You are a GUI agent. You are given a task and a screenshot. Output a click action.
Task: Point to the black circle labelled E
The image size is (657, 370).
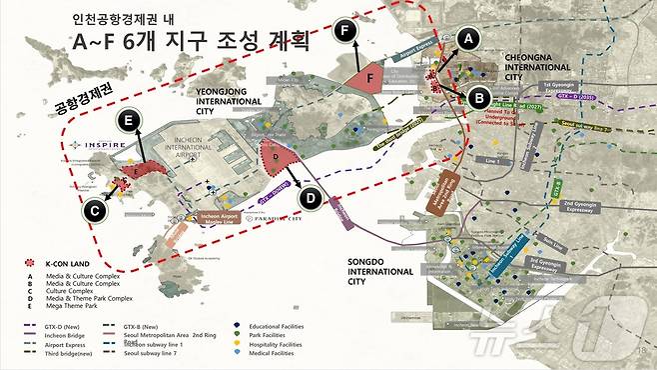[127, 121]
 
